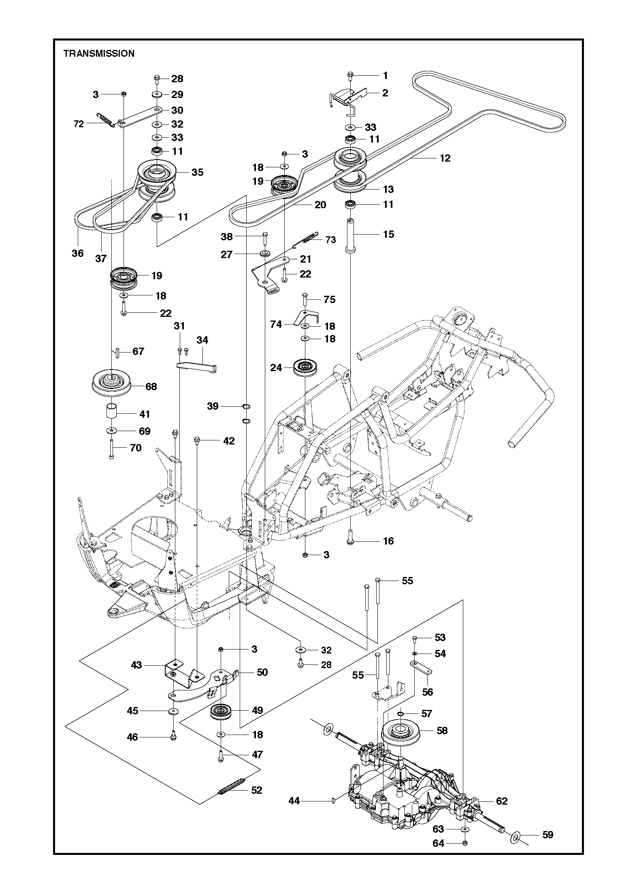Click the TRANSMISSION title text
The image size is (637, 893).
[x=99, y=53]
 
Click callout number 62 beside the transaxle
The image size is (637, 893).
[x=502, y=801]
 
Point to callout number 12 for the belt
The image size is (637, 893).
[x=445, y=158]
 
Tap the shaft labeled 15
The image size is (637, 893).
[x=349, y=235]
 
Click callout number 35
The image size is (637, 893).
[x=197, y=172]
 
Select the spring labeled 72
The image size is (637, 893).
[x=105, y=120]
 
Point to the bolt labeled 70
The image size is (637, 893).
[x=111, y=449]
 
